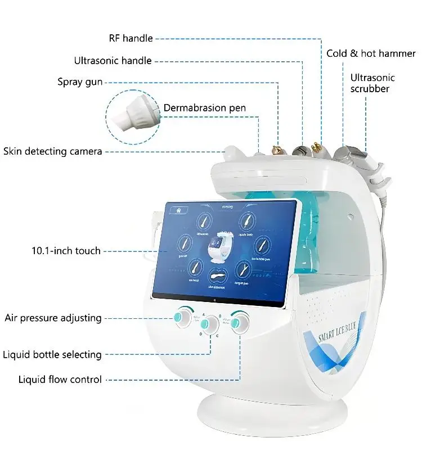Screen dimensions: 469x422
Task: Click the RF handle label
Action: point(131,39)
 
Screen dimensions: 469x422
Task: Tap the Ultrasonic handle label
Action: point(113,61)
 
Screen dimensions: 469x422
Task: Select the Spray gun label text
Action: point(80,82)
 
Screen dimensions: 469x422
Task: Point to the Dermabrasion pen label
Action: point(204,108)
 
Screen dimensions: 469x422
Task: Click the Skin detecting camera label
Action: point(53,151)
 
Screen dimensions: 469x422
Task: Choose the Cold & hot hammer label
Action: point(371,54)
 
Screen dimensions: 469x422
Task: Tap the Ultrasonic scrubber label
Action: point(372,83)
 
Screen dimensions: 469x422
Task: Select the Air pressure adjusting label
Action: point(53,318)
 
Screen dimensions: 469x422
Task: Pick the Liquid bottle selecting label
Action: point(52,355)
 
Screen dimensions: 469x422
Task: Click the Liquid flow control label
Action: point(60,380)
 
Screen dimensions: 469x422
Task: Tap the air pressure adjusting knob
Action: point(183,318)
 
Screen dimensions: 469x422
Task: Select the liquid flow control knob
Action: point(240,322)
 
